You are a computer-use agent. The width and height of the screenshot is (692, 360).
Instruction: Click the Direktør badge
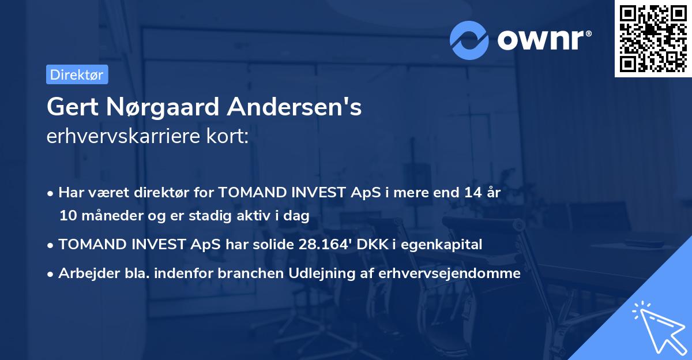coord(77,74)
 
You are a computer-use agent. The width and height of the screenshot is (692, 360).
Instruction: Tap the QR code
coord(653,38)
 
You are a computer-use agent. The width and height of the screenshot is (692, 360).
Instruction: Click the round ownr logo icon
coord(469,40)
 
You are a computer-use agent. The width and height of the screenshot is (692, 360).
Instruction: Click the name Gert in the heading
coord(72,107)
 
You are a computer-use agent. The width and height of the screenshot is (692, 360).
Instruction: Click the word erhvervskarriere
coord(119,137)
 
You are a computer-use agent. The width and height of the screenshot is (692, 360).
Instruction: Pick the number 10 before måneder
coord(68,216)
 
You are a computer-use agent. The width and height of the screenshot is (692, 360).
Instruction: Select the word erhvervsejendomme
coord(450,273)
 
